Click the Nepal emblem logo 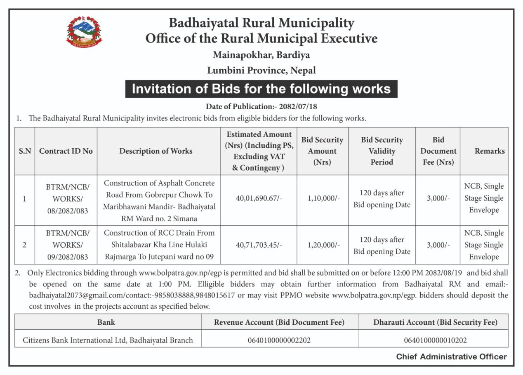84,32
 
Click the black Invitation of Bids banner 261,89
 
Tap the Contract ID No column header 66,151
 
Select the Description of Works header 156,151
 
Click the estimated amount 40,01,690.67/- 259,198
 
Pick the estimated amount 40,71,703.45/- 259,245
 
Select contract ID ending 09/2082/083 68,257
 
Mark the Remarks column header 490,151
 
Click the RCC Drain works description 159,245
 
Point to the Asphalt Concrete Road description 159,200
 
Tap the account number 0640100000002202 279,340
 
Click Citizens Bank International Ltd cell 108,340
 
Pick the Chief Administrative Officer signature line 452,357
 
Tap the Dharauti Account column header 435,322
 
